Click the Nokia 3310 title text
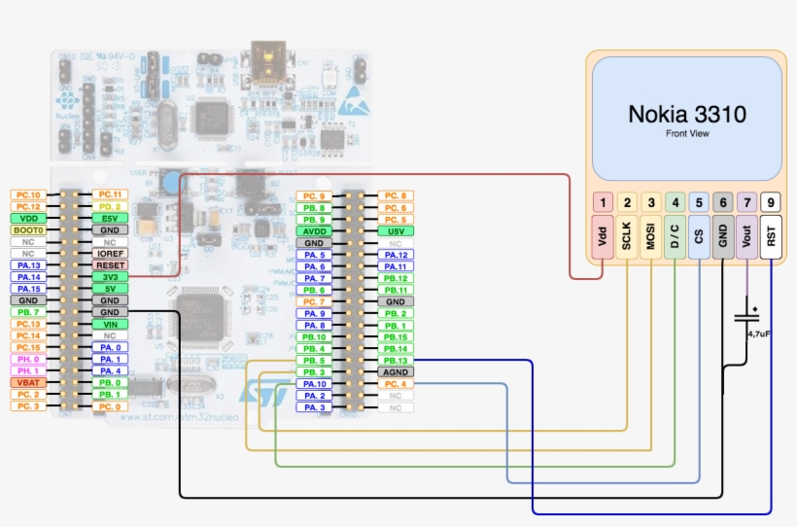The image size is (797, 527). pos(686,114)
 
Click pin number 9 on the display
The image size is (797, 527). pos(771,203)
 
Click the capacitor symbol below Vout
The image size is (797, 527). pos(746,316)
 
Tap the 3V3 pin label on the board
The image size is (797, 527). pos(109,276)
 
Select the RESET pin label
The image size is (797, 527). pos(109,264)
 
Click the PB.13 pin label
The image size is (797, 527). pos(395,360)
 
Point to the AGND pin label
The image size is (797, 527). pos(395,371)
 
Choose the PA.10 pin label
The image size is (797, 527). pos(313,384)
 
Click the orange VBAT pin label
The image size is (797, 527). pos(27,383)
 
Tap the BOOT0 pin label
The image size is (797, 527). pos(27,229)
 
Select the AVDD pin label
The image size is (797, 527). pos(313,231)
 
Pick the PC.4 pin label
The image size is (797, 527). pos(395,384)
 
